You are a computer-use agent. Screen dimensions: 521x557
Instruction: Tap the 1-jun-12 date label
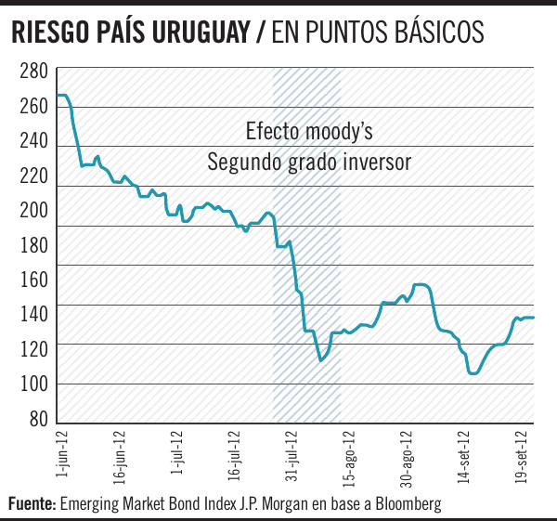coord(59,454)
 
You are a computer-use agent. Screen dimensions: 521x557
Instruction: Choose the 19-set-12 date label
coord(523,454)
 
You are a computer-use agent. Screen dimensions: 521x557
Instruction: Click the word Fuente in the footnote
coord(32,504)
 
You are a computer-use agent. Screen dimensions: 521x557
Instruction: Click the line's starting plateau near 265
coord(62,96)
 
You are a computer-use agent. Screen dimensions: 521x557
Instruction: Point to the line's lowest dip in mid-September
coord(473,373)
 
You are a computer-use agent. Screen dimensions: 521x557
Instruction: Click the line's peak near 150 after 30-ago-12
coord(420,284)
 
